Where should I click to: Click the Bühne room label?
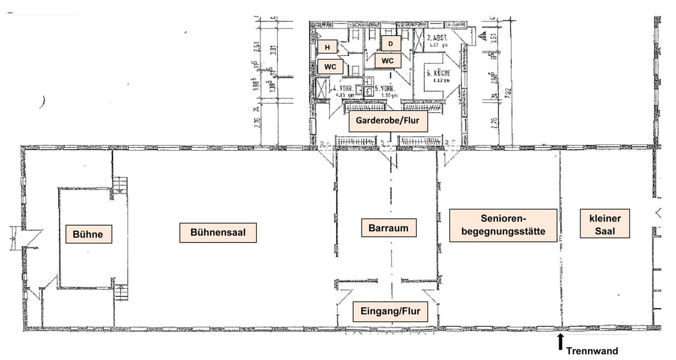coord(89,234)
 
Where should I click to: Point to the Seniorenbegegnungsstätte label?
coord(503,225)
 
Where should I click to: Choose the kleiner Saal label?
coord(604,224)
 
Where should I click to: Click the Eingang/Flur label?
coord(390,311)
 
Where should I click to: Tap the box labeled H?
coord(328,47)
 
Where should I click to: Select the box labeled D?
coord(390,43)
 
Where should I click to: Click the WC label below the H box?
coord(330,66)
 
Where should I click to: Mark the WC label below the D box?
coord(388,61)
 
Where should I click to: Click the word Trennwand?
coord(592,351)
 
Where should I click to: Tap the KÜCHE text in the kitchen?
coord(438,73)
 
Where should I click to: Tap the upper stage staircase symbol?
coord(120,186)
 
